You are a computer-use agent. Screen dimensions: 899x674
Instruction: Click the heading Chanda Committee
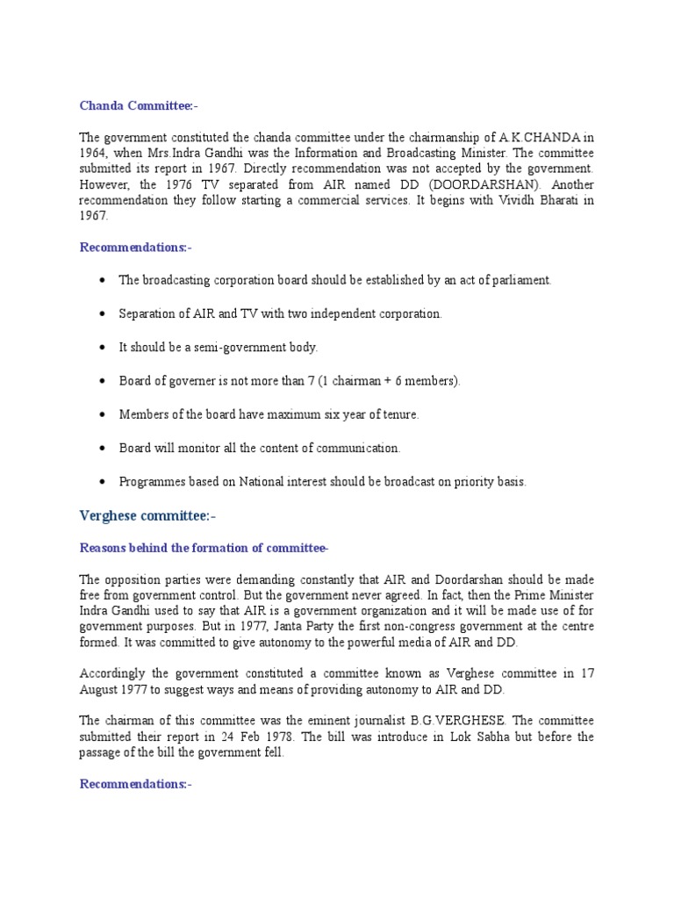139,106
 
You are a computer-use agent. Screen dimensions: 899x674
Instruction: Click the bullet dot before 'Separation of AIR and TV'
103,313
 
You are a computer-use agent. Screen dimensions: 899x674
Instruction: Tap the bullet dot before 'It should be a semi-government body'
103,347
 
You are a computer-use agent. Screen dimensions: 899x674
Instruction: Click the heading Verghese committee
147,515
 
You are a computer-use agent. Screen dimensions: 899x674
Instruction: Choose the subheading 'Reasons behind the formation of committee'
204,549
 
